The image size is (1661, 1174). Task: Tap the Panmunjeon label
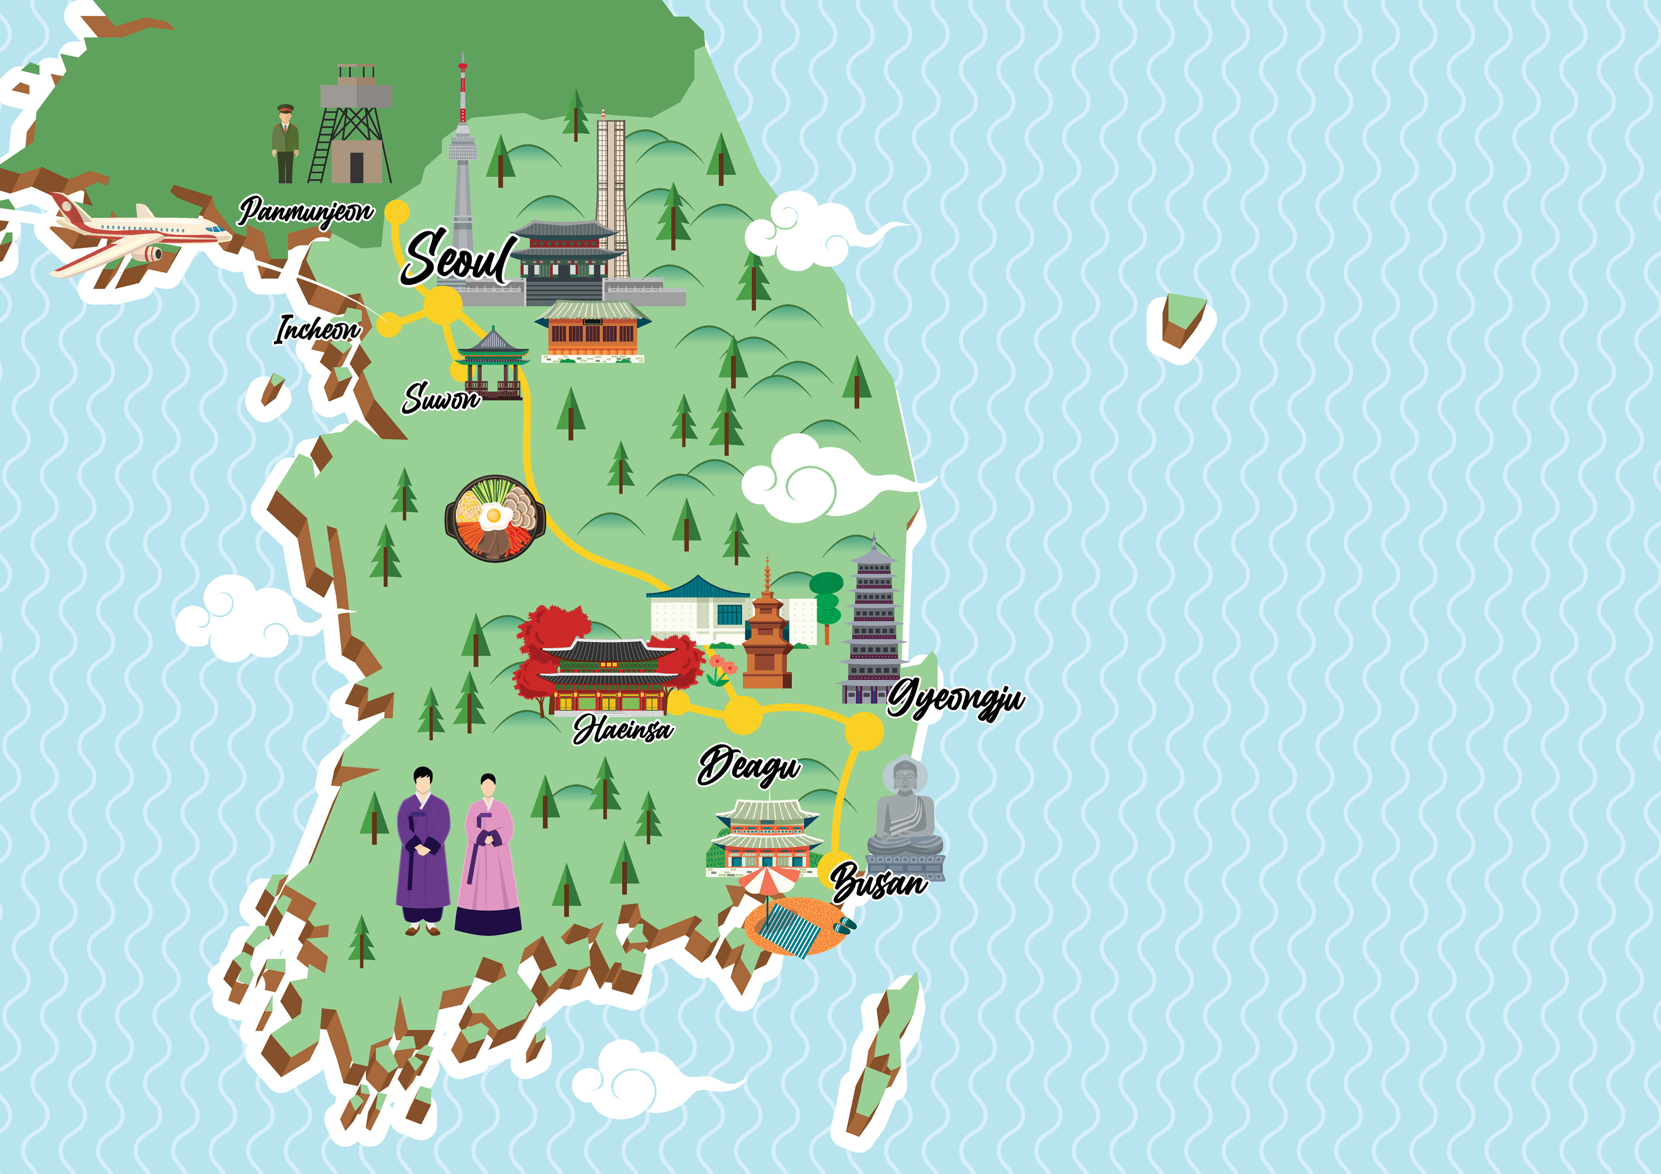pyautogui.click(x=306, y=211)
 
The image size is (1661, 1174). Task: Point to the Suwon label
pyautogui.click(x=441, y=398)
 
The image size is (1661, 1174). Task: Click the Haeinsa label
pyautogui.click(x=623, y=729)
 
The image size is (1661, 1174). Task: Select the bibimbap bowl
pyautogui.click(x=495, y=518)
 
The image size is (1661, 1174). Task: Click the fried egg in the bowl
pyautogui.click(x=495, y=516)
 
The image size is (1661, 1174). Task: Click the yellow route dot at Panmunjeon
pyautogui.click(x=397, y=212)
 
